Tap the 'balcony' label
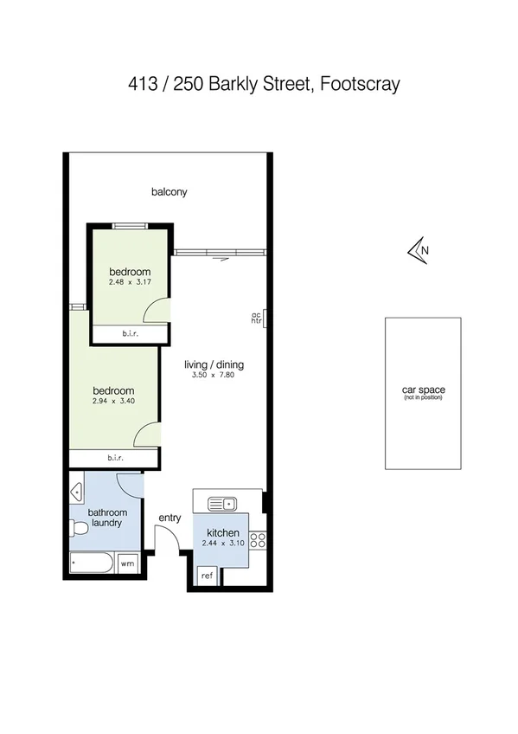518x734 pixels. (x=169, y=192)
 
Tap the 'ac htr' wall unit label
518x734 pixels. (x=256, y=318)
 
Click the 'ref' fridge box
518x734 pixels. (x=208, y=576)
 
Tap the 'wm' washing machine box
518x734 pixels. (x=127, y=563)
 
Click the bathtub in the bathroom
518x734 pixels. (x=92, y=563)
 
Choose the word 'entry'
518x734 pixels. (x=169, y=518)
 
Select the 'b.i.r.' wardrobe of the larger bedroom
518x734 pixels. (x=114, y=458)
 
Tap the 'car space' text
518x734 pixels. (x=423, y=390)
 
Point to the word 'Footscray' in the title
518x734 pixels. (x=361, y=85)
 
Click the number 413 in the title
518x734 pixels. (x=141, y=85)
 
